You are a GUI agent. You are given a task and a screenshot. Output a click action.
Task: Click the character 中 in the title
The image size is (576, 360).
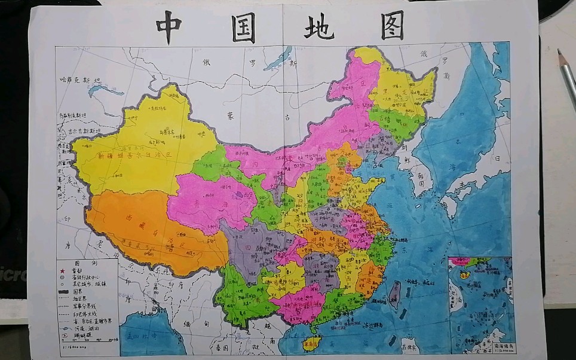(168, 28)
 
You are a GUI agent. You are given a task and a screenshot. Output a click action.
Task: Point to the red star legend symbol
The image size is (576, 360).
(62, 270)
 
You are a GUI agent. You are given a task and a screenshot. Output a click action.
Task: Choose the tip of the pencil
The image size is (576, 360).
(560, 52)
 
